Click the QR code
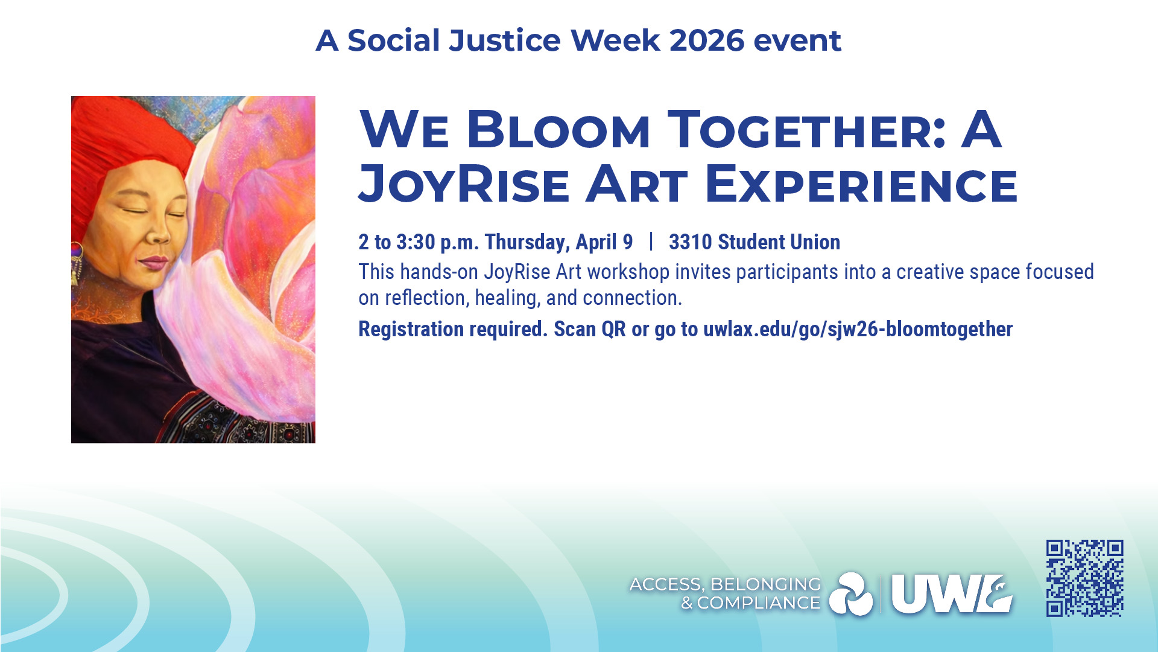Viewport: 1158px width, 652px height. (x=1084, y=578)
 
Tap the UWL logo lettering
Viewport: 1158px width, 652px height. (x=952, y=594)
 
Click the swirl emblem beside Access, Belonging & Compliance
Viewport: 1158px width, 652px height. (x=851, y=594)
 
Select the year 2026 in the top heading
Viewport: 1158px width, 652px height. (x=706, y=41)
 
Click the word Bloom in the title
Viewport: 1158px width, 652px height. (x=558, y=130)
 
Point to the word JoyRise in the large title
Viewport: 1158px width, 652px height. (x=464, y=184)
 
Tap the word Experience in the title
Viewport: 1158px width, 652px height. (x=861, y=184)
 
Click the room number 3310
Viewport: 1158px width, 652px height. (x=690, y=242)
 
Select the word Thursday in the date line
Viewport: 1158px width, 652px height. (x=527, y=243)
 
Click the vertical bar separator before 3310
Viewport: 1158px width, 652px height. (x=651, y=241)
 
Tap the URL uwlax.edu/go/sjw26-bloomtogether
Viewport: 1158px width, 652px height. (x=858, y=330)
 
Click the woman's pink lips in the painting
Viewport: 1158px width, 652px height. (x=154, y=263)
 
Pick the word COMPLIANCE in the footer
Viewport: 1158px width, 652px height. (x=759, y=603)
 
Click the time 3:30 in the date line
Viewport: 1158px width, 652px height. (x=416, y=242)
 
